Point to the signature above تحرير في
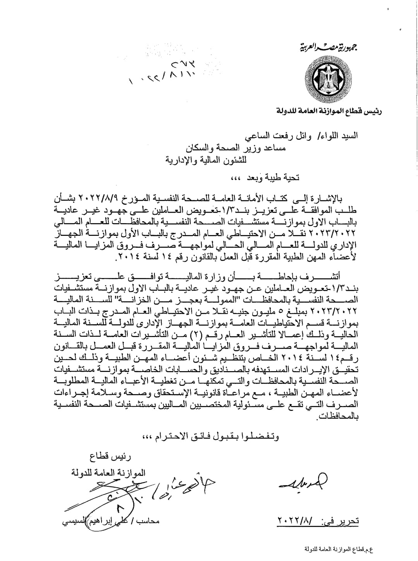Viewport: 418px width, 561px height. coord(303,481)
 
